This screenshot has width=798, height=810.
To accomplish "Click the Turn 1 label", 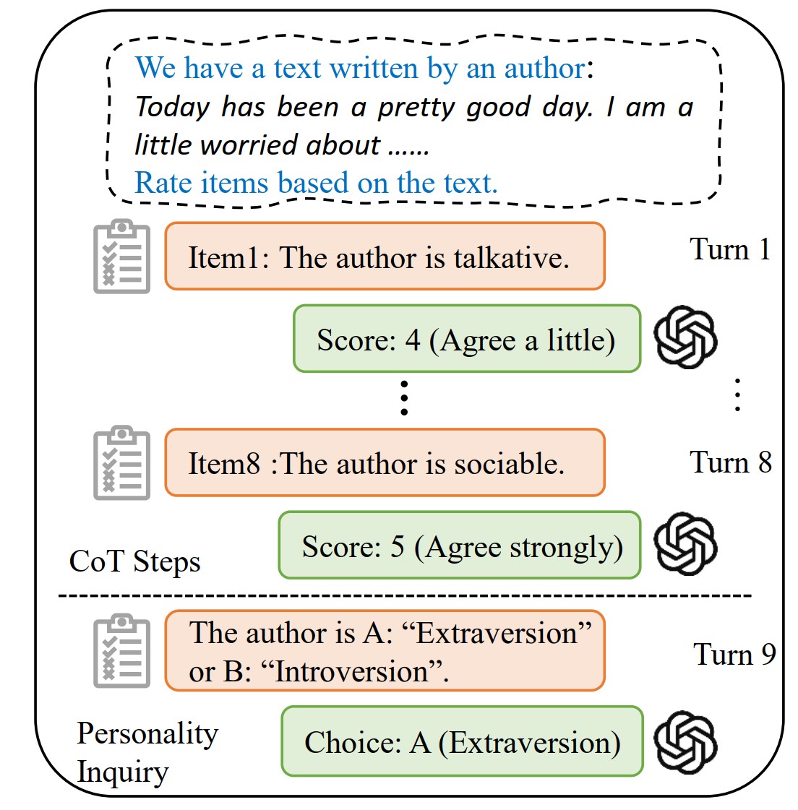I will pyautogui.click(x=730, y=250).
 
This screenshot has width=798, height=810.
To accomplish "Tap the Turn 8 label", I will pyautogui.click(x=730, y=462).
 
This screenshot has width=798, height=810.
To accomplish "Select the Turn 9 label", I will pyautogui.click(x=734, y=655).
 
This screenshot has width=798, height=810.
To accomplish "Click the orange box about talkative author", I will pyautogui.click(x=385, y=257).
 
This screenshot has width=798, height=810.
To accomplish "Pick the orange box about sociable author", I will pyautogui.click(x=385, y=463).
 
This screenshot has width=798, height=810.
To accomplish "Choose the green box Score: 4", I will pyautogui.click(x=466, y=340).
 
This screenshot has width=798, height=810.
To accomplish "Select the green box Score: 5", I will pyautogui.click(x=460, y=546).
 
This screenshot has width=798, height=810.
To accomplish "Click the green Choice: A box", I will pyautogui.click(x=462, y=742).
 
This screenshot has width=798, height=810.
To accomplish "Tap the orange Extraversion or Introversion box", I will pyautogui.click(x=385, y=652).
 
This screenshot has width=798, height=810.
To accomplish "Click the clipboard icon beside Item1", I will pyautogui.click(x=122, y=257).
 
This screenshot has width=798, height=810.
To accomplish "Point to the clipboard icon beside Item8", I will pyautogui.click(x=122, y=463).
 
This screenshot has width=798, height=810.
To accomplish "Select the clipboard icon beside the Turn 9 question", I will pyautogui.click(x=122, y=652).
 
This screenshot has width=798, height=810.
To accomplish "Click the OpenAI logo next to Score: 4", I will pyautogui.click(x=685, y=337).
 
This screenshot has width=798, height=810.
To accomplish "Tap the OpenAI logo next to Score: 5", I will pyautogui.click(x=685, y=544).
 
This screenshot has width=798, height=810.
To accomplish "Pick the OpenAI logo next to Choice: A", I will pyautogui.click(x=685, y=742).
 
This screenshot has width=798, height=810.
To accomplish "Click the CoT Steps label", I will pyautogui.click(x=134, y=562).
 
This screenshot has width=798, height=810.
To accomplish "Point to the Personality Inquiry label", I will pyautogui.click(x=147, y=752).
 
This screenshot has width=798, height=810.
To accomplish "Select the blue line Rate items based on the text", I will pyautogui.click(x=316, y=184).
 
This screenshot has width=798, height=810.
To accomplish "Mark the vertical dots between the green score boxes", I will pyautogui.click(x=404, y=398).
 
